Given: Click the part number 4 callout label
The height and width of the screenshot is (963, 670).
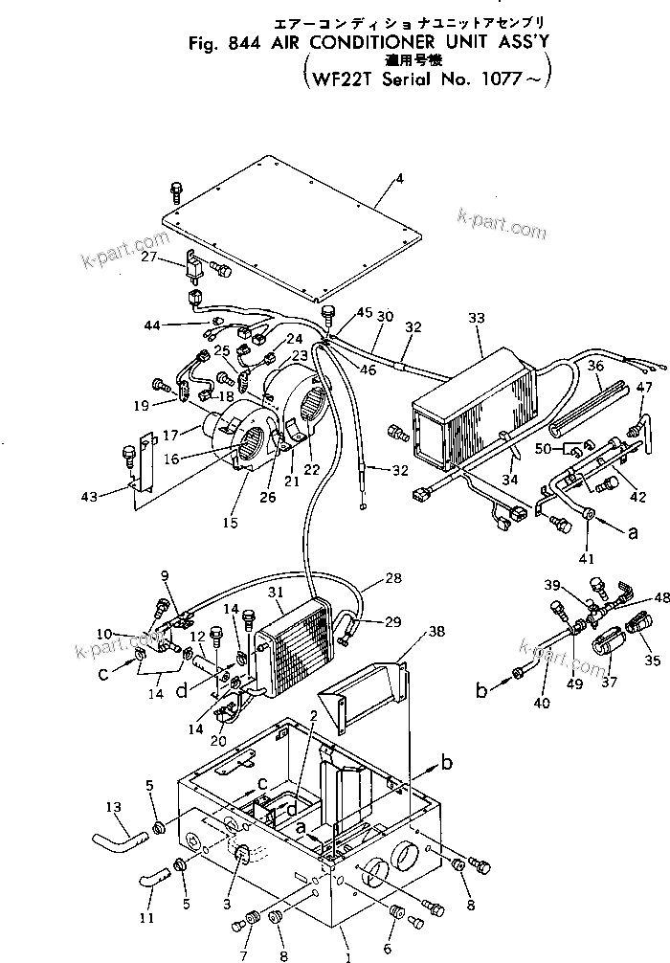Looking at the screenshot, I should click(x=374, y=178).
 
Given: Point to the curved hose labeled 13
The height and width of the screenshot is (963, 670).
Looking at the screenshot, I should click(x=116, y=841).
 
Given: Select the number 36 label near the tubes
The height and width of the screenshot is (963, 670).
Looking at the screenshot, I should click(x=595, y=366).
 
